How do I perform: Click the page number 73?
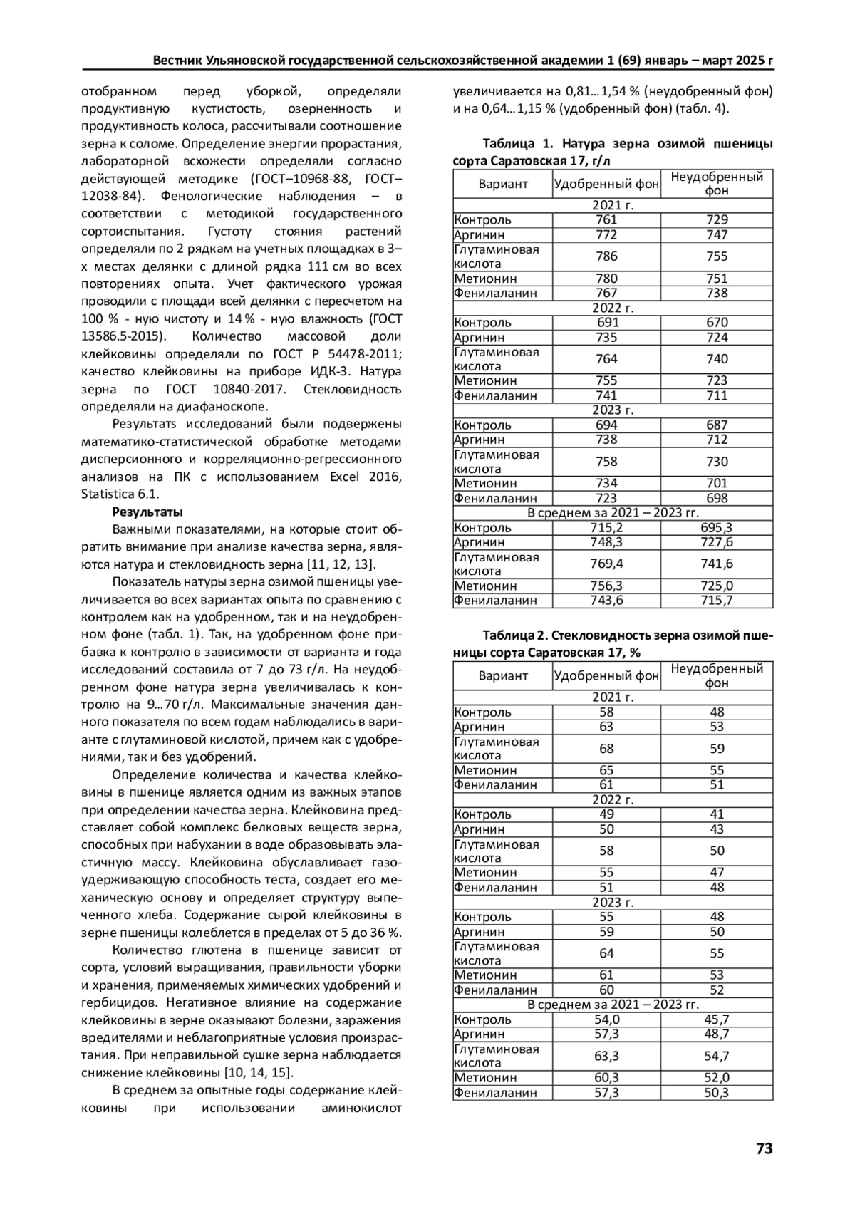(x=764, y=1148)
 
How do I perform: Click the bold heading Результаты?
(x=147, y=512)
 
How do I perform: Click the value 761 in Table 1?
(x=606, y=219)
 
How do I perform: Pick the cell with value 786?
(x=606, y=256)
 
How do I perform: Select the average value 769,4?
(x=606, y=564)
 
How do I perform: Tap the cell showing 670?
(x=717, y=322)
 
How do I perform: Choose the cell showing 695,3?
(x=717, y=527)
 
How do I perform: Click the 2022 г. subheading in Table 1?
(x=613, y=308)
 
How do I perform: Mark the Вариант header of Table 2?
(x=503, y=675)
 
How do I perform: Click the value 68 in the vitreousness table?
(x=606, y=748)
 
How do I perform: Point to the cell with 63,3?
(x=606, y=1056)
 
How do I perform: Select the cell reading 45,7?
(x=717, y=1019)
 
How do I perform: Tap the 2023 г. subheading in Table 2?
(x=613, y=902)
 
